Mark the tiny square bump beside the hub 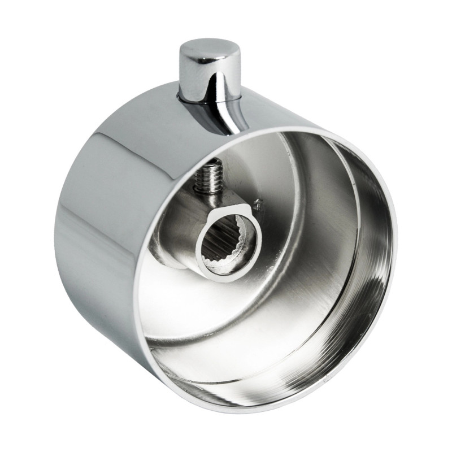(x=258, y=202)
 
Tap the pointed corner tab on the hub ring (x=247, y=214)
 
